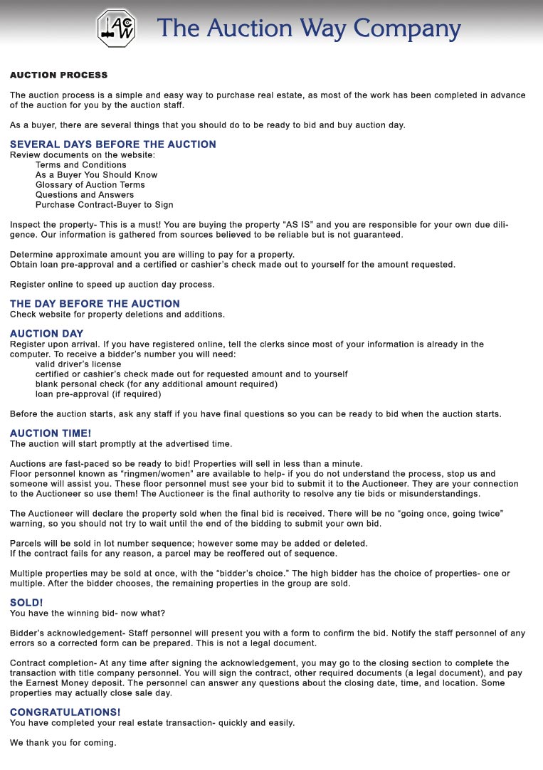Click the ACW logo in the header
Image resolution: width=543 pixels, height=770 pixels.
[117, 28]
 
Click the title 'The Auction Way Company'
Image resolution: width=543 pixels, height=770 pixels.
[309, 28]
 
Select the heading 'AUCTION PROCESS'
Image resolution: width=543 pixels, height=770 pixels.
[58, 75]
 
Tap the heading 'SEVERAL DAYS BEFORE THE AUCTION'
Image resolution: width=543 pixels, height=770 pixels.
[112, 144]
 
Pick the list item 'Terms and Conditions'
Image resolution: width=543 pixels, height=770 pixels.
[80, 164]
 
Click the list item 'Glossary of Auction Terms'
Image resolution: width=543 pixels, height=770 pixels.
[90, 184]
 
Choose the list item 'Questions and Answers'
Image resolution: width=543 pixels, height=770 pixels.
[84, 194]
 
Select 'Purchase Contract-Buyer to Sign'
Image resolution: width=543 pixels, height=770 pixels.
[104, 204]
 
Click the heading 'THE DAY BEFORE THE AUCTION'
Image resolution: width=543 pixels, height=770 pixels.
[95, 304]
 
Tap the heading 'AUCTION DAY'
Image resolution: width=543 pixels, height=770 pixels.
[46, 334]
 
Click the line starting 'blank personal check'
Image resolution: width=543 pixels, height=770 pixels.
[156, 384]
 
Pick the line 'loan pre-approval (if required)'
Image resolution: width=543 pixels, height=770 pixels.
[98, 394]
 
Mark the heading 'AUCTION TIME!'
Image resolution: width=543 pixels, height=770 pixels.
[50, 433]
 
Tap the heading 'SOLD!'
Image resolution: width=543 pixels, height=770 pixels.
[26, 603]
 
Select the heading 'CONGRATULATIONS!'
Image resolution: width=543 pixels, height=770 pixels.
[65, 712]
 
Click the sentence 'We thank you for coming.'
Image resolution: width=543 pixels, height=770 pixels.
[63, 742]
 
